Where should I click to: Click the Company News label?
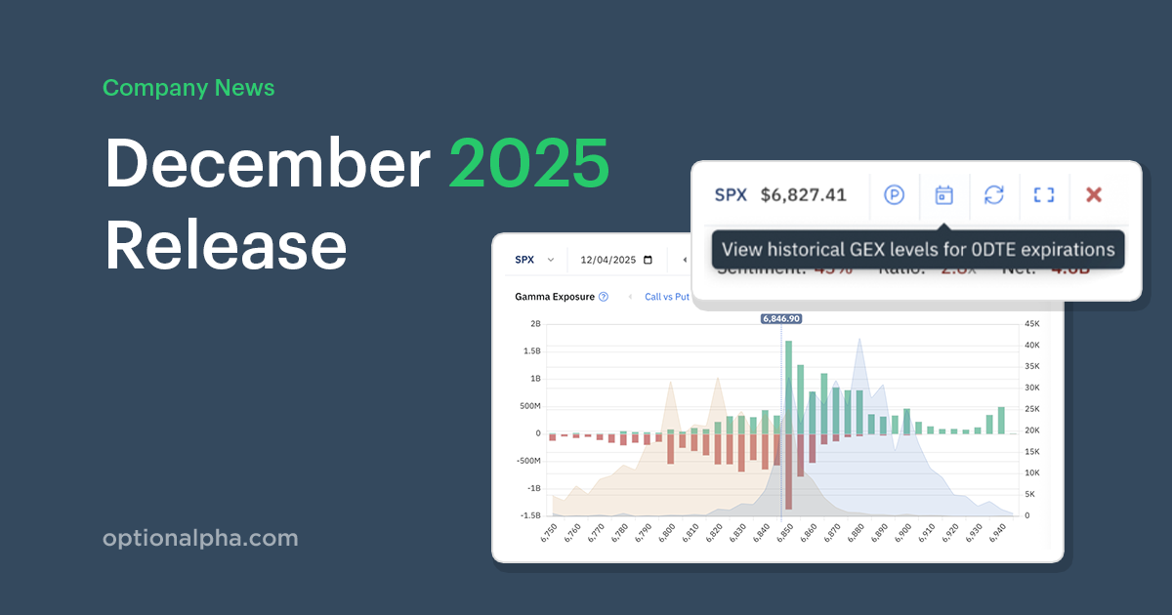[188, 88]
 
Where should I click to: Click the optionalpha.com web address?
[200, 539]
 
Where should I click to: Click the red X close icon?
[1094, 195]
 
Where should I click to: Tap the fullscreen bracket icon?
[1044, 195]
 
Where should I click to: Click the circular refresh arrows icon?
[993, 195]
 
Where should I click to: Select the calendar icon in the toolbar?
[943, 195]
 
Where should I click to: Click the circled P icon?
[895, 195]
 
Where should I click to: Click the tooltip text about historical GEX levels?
[918, 250]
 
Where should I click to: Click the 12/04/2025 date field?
[615, 261]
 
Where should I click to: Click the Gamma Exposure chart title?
[555, 297]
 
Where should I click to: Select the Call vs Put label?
[667, 297]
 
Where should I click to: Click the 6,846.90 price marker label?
[781, 318]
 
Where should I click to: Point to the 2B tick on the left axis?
[535, 324]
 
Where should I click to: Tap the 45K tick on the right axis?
[1029, 324]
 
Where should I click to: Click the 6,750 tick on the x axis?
[549, 533]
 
